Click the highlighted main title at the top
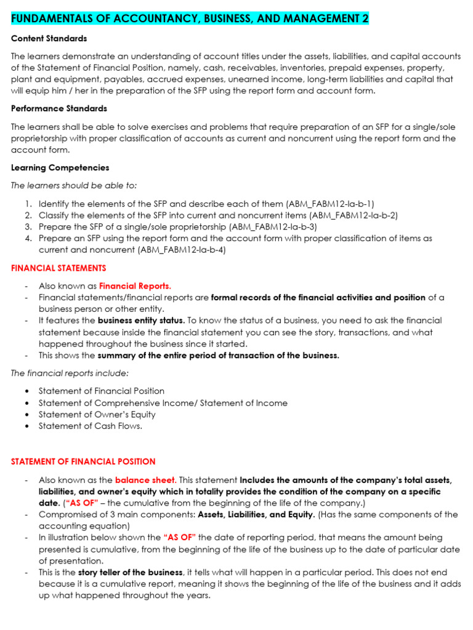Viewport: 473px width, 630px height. tap(190, 18)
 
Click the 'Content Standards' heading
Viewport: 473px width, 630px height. tap(49, 39)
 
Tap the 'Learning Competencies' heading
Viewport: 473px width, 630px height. tap(60, 167)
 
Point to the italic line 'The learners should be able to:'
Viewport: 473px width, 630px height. tap(74, 185)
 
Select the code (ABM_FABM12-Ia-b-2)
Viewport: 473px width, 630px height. tap(354, 215)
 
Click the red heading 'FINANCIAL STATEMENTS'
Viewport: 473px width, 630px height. tap(59, 268)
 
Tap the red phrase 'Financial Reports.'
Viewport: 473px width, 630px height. tap(135, 286)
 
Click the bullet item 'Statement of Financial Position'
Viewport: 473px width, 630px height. tap(102, 391)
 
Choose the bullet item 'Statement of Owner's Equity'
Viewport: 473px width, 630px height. tap(97, 415)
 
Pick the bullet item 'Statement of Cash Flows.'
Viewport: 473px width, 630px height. tap(91, 426)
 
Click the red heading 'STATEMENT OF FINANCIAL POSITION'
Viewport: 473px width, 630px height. tap(83, 461)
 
